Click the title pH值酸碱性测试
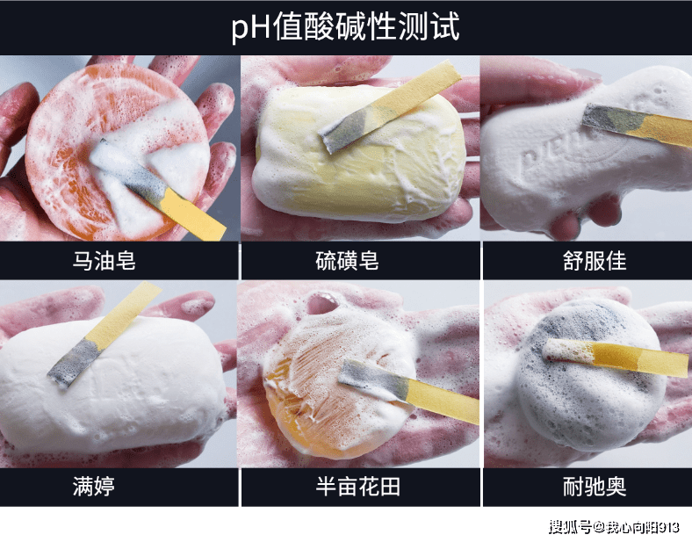coord(345,26)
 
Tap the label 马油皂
coord(105,260)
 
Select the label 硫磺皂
coord(348,260)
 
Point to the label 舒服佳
coord(595,260)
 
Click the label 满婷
coord(94,487)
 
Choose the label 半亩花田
coord(358,487)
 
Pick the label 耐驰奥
coord(595,487)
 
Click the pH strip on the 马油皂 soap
coord(159,190)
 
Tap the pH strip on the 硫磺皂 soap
coord(389,106)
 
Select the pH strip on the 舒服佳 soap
coord(638,125)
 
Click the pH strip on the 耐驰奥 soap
coord(616,356)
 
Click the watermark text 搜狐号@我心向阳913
coord(614,527)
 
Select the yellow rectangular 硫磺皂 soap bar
coord(360,152)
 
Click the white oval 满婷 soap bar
coord(112,383)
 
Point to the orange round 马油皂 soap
coord(117,151)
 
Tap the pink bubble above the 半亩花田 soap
coord(322,303)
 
